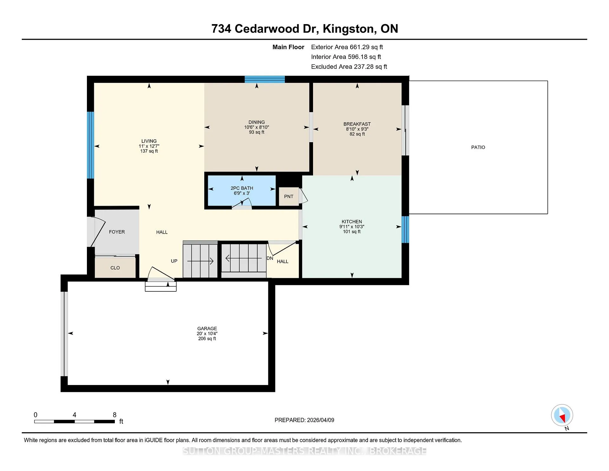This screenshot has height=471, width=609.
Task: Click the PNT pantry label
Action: (x=289, y=196)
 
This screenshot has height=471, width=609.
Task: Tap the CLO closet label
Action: (x=115, y=268)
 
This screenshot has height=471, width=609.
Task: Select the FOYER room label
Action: (x=117, y=232)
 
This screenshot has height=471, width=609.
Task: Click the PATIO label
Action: (x=478, y=147)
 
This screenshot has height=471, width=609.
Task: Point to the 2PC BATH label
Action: (x=242, y=188)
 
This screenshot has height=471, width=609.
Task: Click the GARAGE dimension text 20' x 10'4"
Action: (x=207, y=334)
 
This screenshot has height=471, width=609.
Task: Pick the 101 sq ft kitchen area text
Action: (x=352, y=232)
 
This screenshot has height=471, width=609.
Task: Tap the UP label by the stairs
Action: (x=174, y=261)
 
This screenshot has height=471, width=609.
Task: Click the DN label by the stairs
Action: (x=270, y=258)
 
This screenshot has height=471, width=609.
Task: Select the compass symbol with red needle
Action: (x=562, y=415)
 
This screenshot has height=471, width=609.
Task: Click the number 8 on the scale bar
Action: (x=115, y=415)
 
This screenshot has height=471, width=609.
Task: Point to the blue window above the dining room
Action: (x=265, y=79)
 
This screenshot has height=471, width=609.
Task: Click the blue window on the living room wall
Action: (x=91, y=145)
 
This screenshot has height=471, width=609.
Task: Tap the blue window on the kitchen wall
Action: (x=405, y=229)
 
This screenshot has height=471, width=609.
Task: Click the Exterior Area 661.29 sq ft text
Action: (x=347, y=47)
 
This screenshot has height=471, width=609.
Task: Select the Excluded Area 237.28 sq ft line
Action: (x=349, y=67)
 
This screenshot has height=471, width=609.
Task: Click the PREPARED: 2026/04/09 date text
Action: (x=304, y=420)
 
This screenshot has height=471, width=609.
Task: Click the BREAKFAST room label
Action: (x=357, y=124)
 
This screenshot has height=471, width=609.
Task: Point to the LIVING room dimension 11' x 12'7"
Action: (x=149, y=146)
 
